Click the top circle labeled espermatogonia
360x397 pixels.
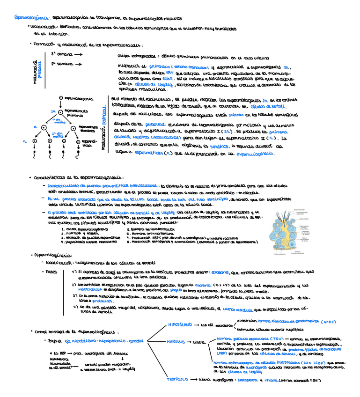tap(60, 98)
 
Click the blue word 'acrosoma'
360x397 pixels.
tap(220, 272)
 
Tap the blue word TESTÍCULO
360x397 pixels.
tap(177, 379)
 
